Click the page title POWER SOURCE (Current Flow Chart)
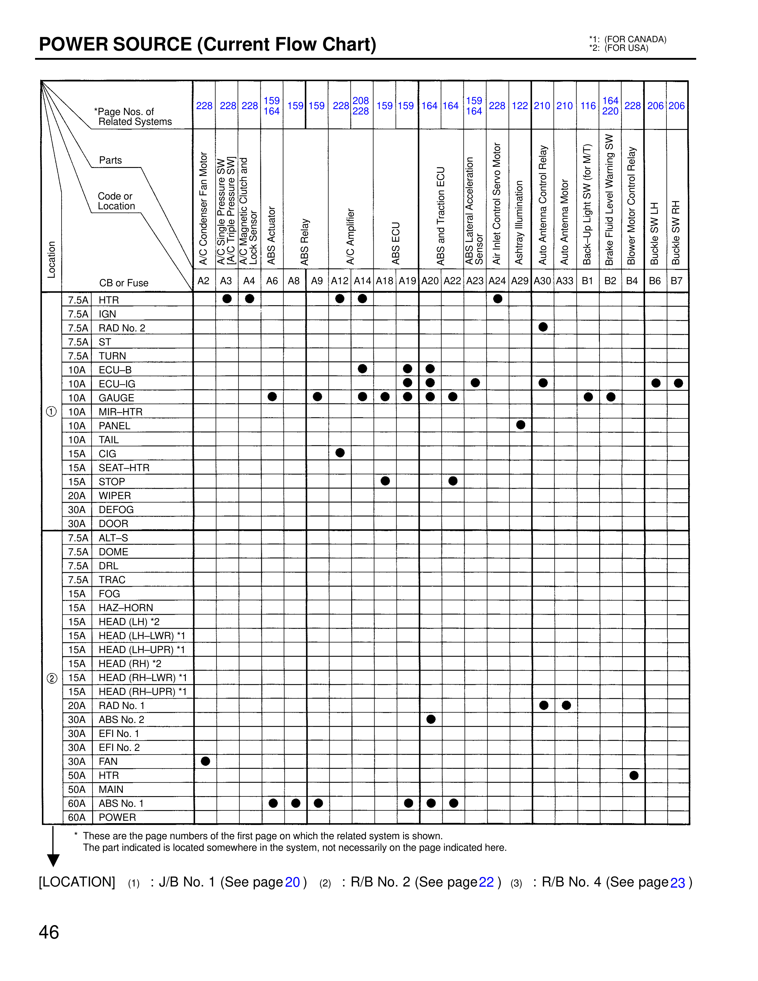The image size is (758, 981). pos(207,45)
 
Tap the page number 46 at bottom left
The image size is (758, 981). pos(49,932)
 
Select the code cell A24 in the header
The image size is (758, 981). pos(497,281)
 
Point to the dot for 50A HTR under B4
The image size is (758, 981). pos(634,775)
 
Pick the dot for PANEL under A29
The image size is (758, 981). pos(521,425)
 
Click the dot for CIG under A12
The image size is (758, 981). pos(340,453)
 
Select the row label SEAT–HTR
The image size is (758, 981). pos(124,468)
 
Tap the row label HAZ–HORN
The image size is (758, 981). pos(126,608)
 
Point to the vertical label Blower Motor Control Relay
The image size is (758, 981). pos(632,205)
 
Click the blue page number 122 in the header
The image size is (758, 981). pos(520,106)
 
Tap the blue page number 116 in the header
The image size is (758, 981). pos(588,106)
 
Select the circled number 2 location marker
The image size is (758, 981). pos(52,678)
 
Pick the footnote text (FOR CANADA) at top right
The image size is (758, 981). pos(635,40)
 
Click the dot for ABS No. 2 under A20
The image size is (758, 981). pos(431,719)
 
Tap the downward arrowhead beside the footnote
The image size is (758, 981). pos(54,860)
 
